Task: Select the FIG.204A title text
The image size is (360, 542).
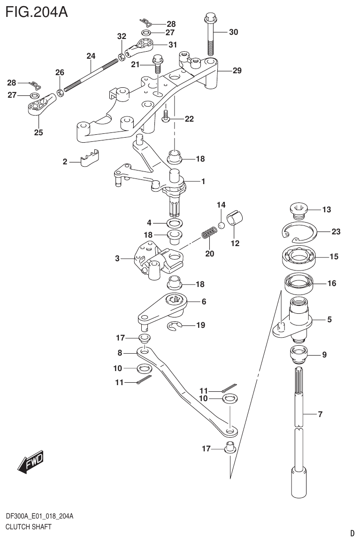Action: click(37, 11)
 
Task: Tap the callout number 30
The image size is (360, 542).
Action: click(233, 32)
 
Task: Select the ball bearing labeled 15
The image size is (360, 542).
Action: click(298, 257)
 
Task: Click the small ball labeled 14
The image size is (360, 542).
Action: click(221, 225)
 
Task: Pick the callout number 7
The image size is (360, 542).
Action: click(320, 414)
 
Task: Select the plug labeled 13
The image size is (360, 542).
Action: click(297, 210)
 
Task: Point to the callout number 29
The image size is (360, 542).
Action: click(237, 71)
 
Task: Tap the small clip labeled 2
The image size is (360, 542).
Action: click(90, 159)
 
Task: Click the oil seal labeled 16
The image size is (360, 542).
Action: click(298, 284)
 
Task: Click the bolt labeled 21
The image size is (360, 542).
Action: click(158, 65)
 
